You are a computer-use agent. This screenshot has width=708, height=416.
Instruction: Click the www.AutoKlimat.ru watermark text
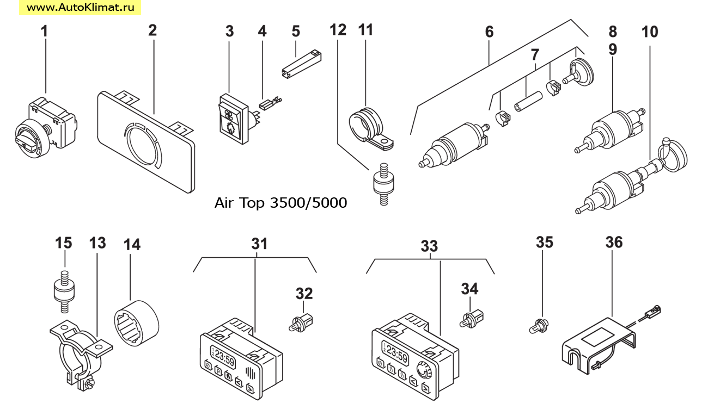pyautogui.click(x=81, y=8)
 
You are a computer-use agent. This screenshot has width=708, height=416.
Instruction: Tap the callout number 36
pyautogui.click(x=614, y=243)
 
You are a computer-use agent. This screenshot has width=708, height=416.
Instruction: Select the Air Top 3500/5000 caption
pyautogui.click(x=280, y=203)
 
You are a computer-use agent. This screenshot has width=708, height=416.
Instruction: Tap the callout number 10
pyautogui.click(x=649, y=32)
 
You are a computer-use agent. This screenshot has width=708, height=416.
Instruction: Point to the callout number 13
pyautogui.click(x=98, y=243)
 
